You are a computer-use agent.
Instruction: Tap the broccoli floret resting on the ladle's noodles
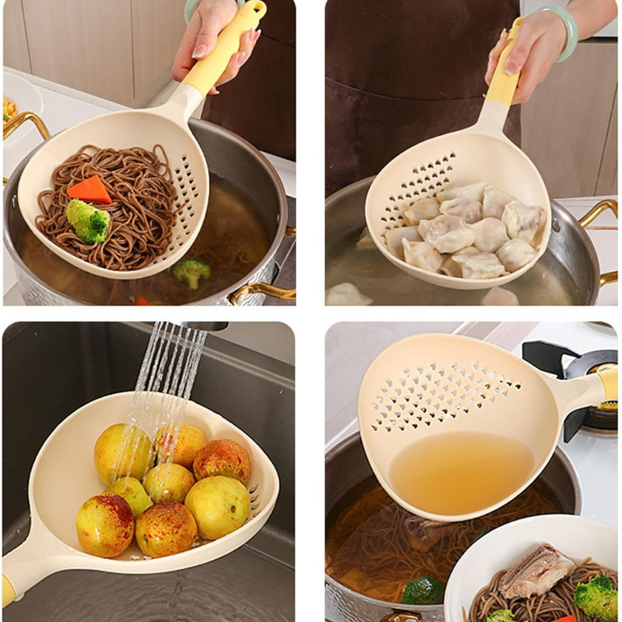coord(87,220)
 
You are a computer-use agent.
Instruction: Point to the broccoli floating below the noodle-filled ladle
coord(191,272)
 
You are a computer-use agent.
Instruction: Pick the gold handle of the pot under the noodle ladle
coord(263,291)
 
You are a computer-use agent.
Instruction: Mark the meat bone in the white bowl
coord(535,570)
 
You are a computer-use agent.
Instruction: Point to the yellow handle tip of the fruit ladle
coord(8,590)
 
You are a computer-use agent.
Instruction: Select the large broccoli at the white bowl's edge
coord(596,596)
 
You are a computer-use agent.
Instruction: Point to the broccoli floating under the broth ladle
coord(423,590)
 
